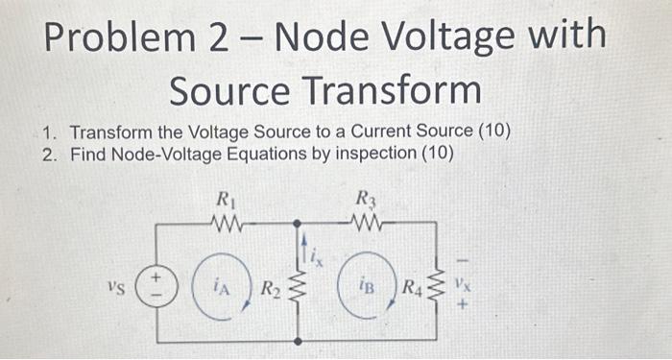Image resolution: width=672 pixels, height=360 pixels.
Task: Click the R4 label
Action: tap(410, 285)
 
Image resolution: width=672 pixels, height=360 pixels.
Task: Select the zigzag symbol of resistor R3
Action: tap(367, 224)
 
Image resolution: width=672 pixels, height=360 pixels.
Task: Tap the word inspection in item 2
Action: tap(371, 154)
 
